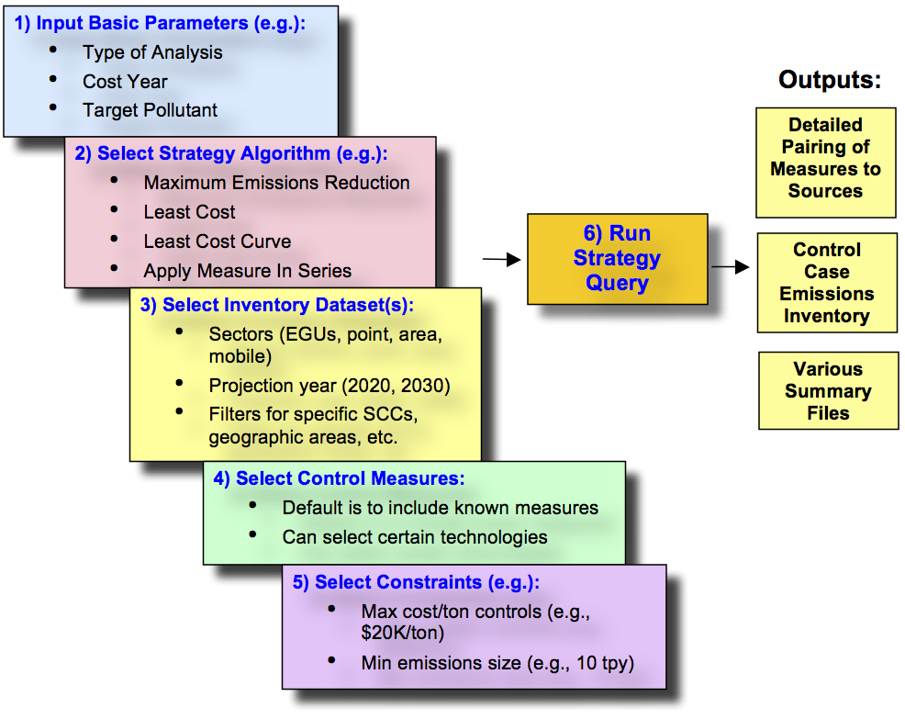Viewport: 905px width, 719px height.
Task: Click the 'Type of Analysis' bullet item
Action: click(152, 52)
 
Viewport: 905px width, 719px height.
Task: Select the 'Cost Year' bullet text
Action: click(125, 82)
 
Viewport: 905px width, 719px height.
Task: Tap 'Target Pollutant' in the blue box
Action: click(150, 110)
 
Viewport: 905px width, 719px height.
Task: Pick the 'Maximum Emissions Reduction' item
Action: click(276, 183)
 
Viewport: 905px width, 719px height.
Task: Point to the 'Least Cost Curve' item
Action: click(217, 242)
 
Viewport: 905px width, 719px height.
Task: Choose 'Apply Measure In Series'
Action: click(247, 271)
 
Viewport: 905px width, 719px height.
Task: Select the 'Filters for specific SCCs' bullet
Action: click(312, 414)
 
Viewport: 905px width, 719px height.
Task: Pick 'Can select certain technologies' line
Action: click(414, 537)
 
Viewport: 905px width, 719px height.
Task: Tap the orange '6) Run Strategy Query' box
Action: click(617, 259)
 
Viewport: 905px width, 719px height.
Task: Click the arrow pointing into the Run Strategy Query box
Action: click(501, 261)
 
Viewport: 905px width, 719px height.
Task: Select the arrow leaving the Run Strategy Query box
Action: click(730, 267)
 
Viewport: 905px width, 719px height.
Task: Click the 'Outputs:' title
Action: click(829, 80)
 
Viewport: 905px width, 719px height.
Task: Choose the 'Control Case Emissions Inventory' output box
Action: click(826, 283)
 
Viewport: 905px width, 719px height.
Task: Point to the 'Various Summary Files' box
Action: click(828, 391)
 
